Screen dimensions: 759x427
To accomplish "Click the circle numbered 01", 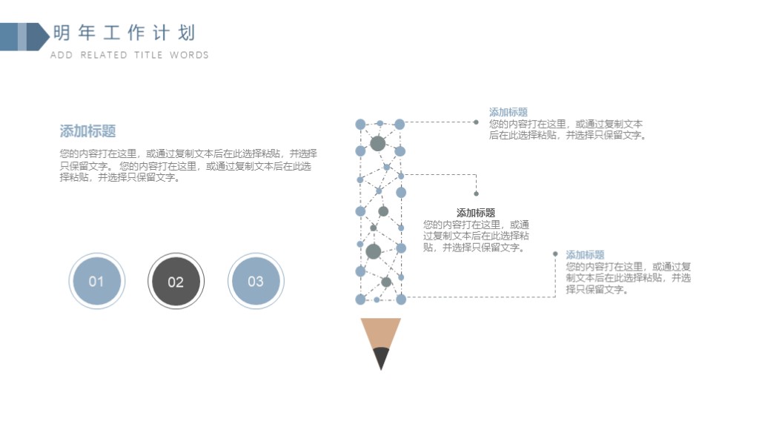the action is [x=97, y=281].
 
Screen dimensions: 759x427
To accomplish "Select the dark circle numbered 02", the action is [x=176, y=281].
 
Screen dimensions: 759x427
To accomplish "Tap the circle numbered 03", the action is [x=256, y=281].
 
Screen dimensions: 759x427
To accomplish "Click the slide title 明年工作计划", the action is [x=124, y=33].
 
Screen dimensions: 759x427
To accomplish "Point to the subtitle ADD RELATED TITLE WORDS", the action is [x=129, y=55].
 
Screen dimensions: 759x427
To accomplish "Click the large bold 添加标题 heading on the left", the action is [x=87, y=130].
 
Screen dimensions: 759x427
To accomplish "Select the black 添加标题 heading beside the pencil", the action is [x=475, y=213].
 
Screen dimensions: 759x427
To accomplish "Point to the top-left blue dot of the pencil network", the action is [x=361, y=125].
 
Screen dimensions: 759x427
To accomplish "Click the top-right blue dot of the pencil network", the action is [x=400, y=125].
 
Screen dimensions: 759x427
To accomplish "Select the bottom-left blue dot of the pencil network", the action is [x=361, y=299].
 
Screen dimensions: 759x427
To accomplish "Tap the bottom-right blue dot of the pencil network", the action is [x=401, y=299].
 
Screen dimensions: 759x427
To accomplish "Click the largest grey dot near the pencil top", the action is [x=377, y=143].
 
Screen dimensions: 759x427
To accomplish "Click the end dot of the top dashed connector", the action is [x=476, y=122].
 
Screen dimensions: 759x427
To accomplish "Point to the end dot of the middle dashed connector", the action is [x=477, y=193].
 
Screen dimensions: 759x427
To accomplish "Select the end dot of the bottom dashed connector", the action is [x=555, y=254].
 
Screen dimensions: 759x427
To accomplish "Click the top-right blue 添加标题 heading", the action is [x=508, y=112].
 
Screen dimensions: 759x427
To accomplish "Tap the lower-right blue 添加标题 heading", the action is [x=586, y=255].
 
